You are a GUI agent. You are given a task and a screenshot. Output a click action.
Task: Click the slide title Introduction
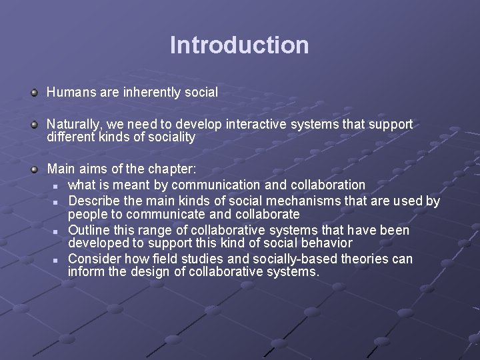coord(239,45)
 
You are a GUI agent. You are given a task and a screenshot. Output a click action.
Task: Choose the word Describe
coord(96,201)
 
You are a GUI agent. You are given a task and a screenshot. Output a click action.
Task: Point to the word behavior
coord(326,243)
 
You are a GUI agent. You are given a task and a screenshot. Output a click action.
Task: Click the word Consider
coord(95,259)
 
